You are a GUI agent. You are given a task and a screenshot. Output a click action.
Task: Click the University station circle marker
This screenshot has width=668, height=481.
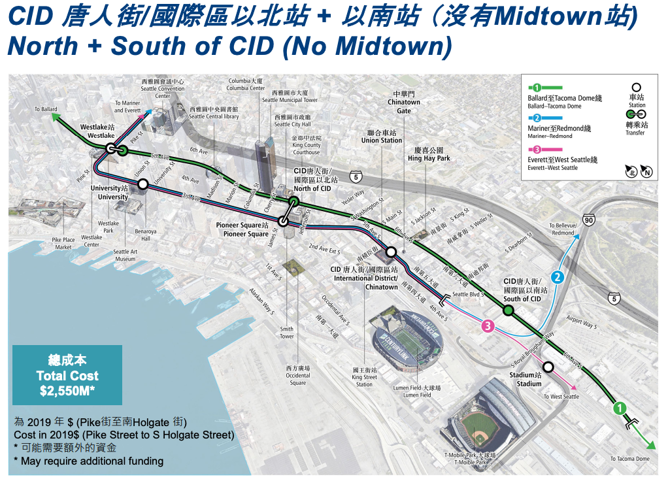[x=142, y=185]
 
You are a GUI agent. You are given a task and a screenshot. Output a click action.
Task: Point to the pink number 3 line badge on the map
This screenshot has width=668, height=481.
[x=487, y=326]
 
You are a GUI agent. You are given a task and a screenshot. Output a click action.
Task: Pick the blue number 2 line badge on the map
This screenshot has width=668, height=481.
[x=557, y=277]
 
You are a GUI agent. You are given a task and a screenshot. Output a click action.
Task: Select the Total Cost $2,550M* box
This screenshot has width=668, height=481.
[x=67, y=375]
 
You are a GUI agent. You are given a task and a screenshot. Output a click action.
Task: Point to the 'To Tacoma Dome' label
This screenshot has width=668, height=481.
[x=630, y=459]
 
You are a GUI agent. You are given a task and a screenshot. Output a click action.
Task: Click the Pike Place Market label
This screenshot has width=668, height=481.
[x=63, y=244]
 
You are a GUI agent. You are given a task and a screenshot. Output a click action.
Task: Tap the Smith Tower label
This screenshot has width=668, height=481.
[x=287, y=333]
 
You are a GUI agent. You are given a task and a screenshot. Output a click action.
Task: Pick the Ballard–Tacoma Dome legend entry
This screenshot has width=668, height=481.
[x=564, y=101]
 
